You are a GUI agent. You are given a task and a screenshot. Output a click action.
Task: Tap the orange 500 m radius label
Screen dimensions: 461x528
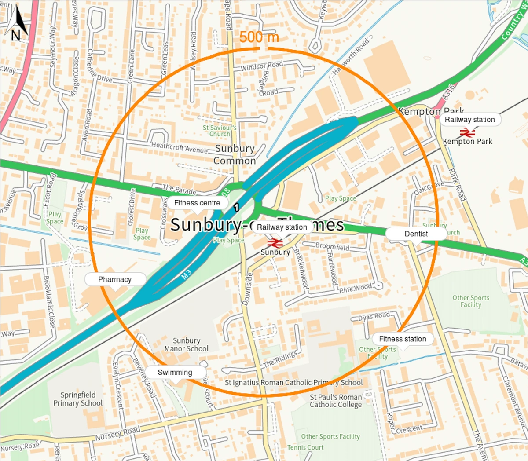click(259, 37)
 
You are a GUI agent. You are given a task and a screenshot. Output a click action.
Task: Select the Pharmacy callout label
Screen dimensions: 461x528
click(115, 279)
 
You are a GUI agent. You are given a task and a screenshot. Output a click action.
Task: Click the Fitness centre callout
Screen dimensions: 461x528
click(197, 203)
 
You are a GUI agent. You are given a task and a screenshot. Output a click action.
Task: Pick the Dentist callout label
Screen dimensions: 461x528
click(416, 234)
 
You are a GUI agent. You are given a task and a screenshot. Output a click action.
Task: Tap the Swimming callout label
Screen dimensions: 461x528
click(175, 372)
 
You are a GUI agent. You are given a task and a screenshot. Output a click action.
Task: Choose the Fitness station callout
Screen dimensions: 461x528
click(402, 339)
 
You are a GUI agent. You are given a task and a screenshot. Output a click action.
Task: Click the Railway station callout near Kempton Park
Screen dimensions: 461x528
click(469, 119)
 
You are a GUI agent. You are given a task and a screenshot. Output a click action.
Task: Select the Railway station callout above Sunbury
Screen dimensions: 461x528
click(282, 227)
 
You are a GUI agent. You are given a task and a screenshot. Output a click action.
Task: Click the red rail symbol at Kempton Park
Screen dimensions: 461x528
click(467, 132)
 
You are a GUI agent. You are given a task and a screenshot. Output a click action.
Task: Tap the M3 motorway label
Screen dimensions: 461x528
click(187, 275)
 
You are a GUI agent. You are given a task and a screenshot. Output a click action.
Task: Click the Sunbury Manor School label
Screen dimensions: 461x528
click(187, 344)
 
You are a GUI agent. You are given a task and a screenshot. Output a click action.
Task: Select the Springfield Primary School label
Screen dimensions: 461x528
click(78, 399)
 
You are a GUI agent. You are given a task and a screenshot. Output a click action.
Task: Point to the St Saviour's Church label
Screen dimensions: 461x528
click(220, 131)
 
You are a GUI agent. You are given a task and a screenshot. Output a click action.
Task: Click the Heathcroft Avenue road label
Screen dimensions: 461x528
click(179, 147)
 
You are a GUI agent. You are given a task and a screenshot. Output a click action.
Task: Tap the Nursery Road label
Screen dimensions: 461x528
click(118, 433)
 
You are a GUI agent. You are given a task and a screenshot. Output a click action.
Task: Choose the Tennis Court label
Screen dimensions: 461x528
click(305, 447)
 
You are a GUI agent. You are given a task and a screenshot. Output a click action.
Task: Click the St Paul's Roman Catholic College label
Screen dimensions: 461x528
click(336, 401)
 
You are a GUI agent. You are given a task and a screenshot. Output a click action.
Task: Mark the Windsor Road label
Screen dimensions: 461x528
click(262, 66)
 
